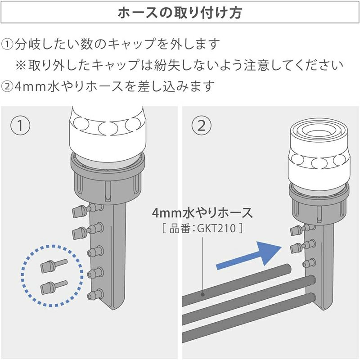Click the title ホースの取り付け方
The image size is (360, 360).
click(x=180, y=13)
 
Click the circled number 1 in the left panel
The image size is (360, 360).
click(x=20, y=126)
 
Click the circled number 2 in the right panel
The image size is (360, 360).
click(x=202, y=126)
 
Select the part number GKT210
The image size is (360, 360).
click(x=216, y=229)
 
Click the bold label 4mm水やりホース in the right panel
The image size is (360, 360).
click(x=202, y=213)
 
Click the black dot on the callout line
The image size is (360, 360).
click(x=203, y=294)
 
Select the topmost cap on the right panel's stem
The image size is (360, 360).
click(x=296, y=230)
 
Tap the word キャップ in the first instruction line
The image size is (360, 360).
click(x=131, y=44)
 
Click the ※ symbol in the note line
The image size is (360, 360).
click(x=21, y=65)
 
